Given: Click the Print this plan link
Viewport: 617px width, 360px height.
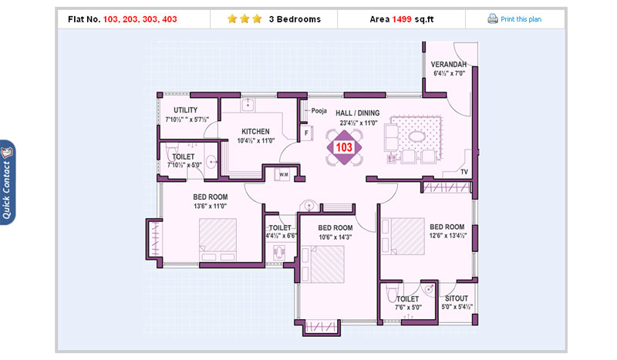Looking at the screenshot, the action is [x=521, y=19].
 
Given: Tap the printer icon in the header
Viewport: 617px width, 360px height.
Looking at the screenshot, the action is [x=493, y=19].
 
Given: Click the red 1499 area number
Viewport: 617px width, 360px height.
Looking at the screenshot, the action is [x=402, y=19].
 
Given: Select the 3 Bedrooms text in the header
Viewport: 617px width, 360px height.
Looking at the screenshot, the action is [x=295, y=19].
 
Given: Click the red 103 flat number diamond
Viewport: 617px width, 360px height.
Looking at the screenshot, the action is [x=344, y=147].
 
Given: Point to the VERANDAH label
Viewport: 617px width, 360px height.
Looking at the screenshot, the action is [x=449, y=64].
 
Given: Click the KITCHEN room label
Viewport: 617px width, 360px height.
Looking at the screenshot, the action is [x=255, y=131].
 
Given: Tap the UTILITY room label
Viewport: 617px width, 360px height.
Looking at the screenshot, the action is [x=186, y=110].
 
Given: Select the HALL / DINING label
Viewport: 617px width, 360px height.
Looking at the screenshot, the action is [x=357, y=113].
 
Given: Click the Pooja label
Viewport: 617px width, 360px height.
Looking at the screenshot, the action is [x=319, y=111].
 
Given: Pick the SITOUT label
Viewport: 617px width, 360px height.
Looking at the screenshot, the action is [x=457, y=298].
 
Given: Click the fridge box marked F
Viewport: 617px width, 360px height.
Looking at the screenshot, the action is [x=306, y=133].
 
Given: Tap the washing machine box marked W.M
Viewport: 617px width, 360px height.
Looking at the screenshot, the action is [x=283, y=174].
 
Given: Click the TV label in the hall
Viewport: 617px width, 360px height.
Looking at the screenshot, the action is [x=464, y=172].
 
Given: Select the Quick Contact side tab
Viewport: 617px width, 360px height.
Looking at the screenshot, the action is [x=8, y=183].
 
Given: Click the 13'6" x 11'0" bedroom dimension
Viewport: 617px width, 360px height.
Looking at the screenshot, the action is [x=210, y=206].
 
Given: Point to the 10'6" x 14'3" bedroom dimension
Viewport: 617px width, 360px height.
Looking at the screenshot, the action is [x=335, y=237].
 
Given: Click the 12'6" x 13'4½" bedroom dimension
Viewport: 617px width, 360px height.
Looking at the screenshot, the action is [x=448, y=236].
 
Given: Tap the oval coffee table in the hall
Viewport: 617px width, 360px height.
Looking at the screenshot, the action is [x=416, y=136].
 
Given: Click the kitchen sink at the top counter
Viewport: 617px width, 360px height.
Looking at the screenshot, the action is [x=248, y=105].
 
